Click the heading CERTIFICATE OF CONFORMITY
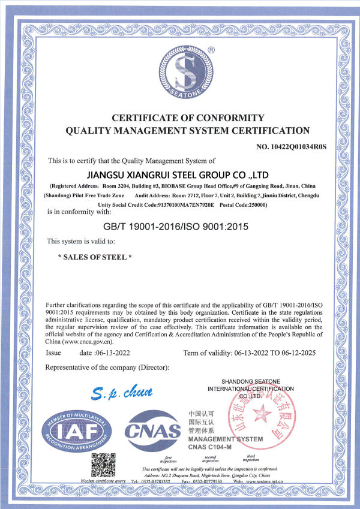tap(179, 117)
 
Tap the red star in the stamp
tap(262, 413)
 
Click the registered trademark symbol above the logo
tap(210, 50)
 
